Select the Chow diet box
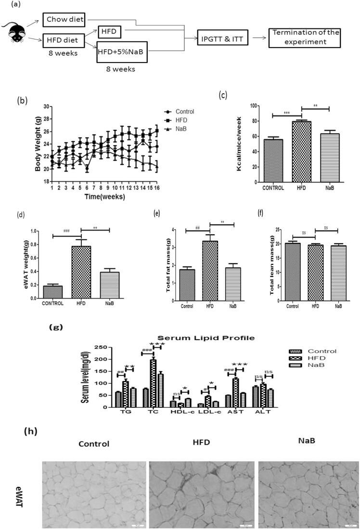65,20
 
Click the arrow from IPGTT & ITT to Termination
260,36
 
